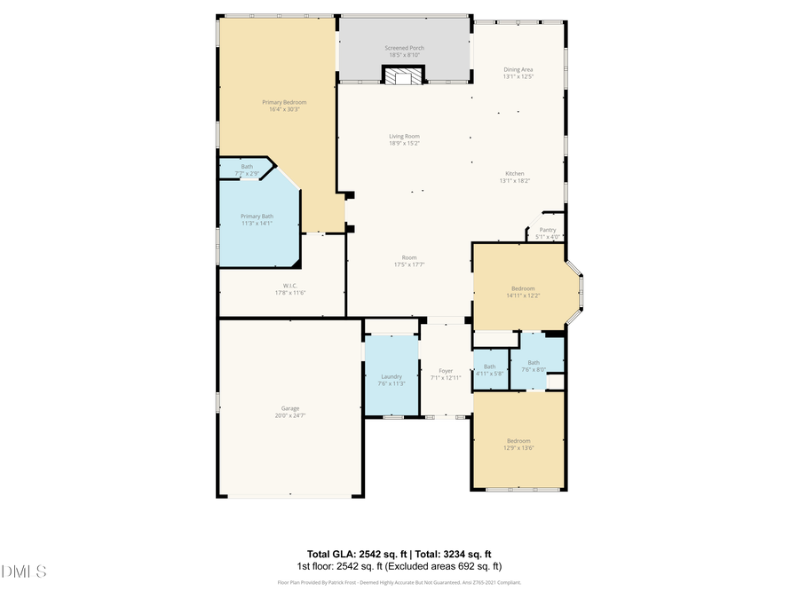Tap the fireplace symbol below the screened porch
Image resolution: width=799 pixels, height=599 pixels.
coord(404,76)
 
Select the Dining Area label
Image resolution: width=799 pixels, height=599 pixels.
coord(518,69)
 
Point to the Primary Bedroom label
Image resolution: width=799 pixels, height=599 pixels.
coord(284,102)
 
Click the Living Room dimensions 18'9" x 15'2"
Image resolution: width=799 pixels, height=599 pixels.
coord(404,143)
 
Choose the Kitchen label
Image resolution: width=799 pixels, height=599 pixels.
coord(515,173)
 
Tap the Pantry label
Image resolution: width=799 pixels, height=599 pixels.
coord(548,229)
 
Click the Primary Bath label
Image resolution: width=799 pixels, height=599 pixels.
coord(257,216)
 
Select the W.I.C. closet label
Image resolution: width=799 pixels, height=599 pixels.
coord(278,285)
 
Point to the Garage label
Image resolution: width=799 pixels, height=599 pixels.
coord(290,408)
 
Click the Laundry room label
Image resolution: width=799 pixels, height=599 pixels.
coord(392,376)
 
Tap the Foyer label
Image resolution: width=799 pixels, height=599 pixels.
coord(446,371)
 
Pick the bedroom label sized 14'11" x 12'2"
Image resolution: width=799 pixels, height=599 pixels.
coord(523,288)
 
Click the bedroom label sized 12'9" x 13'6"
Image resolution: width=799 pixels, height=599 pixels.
coord(518,441)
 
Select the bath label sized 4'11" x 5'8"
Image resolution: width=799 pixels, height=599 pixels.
coord(489,366)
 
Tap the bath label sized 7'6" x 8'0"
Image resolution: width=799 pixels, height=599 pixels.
coord(534,362)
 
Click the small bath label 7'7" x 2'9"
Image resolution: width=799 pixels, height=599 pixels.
coord(247,166)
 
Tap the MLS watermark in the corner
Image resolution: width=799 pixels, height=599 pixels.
coord(24,571)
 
